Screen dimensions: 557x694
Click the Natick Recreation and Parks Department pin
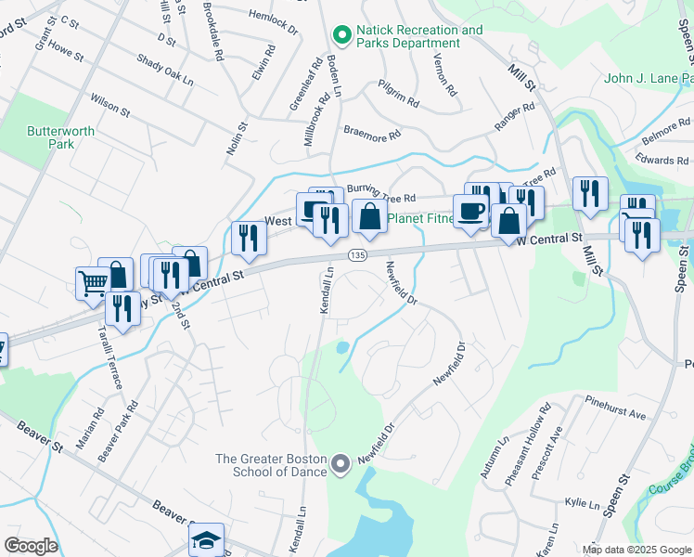tap(342, 35)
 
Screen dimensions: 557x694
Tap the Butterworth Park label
tap(61, 137)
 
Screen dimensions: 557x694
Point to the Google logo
tap(31, 546)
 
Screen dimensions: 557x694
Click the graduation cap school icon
tap(206, 539)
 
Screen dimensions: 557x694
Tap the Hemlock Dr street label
tap(274, 21)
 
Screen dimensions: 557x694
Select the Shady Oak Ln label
tap(164, 70)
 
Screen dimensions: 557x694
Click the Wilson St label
tap(109, 104)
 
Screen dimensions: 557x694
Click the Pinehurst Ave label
tap(615, 408)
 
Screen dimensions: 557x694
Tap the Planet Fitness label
tap(419, 219)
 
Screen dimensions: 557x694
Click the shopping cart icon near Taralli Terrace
tap(92, 282)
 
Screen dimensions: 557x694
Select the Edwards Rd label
tap(662, 160)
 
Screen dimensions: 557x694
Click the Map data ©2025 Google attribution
tap(636, 550)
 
